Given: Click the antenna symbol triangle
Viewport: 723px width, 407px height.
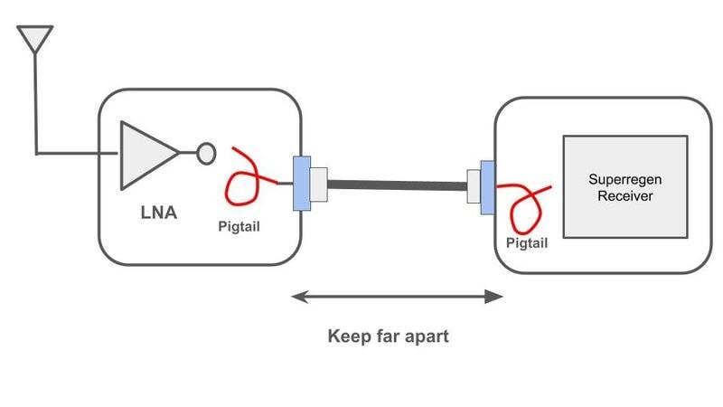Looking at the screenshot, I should (36, 37).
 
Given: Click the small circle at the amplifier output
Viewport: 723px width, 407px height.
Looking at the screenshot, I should (206, 154).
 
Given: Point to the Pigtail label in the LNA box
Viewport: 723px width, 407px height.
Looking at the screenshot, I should (239, 226).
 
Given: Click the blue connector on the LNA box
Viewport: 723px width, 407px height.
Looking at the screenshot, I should (302, 184).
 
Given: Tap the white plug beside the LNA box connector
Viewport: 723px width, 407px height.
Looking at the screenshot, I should (319, 185).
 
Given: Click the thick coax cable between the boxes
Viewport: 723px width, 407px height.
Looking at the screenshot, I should (398, 186).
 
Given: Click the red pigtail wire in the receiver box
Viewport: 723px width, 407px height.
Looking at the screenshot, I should (524, 208).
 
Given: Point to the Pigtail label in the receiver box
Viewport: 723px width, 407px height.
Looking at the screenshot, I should (527, 244).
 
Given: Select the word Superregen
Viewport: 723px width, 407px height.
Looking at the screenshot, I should (624, 180).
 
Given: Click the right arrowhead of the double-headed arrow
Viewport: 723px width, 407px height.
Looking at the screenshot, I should (496, 296).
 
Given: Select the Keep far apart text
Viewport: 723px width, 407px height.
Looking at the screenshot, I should (387, 337).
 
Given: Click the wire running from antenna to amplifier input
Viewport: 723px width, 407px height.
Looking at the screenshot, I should (37, 109).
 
